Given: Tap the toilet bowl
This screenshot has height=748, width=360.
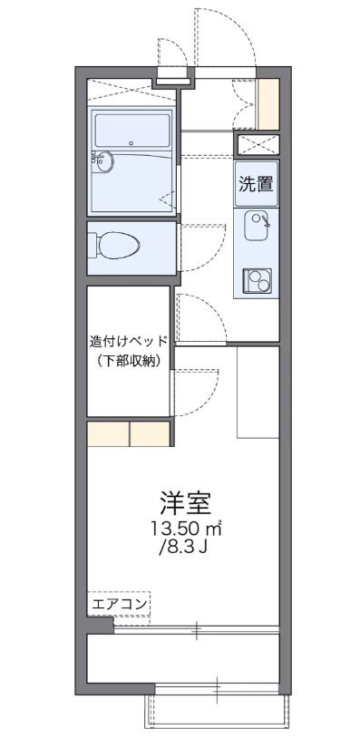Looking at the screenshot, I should coord(118,246).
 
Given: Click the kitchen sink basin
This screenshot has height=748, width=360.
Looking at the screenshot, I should coord(257,223).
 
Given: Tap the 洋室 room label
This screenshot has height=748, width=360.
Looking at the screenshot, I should coord(187,502).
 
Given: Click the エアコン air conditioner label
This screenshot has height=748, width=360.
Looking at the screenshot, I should coord(120,602).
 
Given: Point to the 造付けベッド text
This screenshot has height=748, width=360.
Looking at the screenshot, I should coord(129,342).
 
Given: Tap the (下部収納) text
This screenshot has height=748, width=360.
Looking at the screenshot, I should coord(129,362).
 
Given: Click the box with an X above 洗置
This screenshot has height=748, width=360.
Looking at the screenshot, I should coord(257,143).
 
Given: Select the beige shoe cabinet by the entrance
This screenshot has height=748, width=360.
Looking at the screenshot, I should coord(268,104).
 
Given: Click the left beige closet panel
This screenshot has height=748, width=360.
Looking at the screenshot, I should coord(108,434).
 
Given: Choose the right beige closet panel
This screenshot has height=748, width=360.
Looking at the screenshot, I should coord(150,434).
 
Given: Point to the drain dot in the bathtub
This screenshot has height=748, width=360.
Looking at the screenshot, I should coord(132,142).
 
